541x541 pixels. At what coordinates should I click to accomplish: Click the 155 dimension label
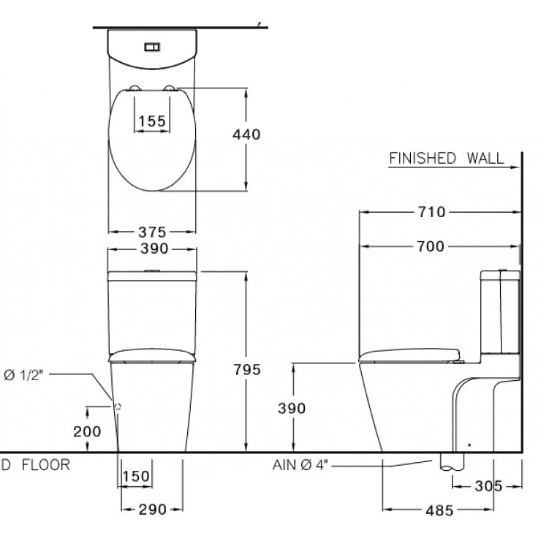(152, 121)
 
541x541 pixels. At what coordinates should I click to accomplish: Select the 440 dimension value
(246, 135)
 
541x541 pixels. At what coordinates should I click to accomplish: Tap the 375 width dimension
(152, 232)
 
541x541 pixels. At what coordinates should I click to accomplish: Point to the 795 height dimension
(247, 369)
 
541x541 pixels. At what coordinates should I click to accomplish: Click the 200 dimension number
(87, 431)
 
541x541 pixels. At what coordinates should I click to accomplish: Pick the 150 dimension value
(136, 476)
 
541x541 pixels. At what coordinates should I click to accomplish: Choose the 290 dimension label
(153, 510)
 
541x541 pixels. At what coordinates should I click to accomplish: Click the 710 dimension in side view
(431, 212)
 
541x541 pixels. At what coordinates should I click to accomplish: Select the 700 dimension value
(431, 246)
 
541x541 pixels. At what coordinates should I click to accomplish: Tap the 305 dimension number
(488, 486)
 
